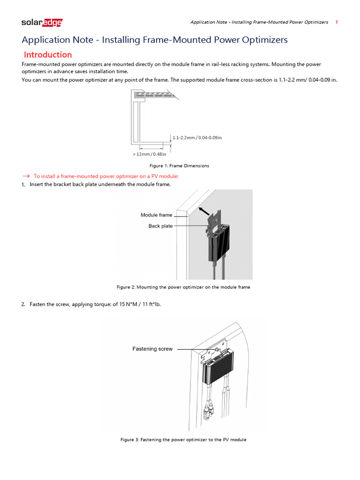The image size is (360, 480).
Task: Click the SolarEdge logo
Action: pos(42,22)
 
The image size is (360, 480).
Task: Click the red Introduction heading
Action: pos(48,54)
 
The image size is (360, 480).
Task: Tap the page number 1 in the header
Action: pos(337,22)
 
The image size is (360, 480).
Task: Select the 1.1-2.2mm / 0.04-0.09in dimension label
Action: pos(197,137)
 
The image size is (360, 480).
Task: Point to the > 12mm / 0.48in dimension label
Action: pos(149,154)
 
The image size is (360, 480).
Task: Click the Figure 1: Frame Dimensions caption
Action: pos(179,165)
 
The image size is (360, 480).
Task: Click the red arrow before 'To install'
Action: pos(25,176)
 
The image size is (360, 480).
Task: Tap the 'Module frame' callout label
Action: pos(156,215)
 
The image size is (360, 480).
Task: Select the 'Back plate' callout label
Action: pos(160,226)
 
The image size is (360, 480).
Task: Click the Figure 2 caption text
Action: pos(183,287)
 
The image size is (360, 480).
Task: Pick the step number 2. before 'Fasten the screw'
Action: pos(23,305)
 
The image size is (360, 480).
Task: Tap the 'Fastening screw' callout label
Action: pos(152,349)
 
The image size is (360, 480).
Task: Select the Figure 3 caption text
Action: pos(183,440)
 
